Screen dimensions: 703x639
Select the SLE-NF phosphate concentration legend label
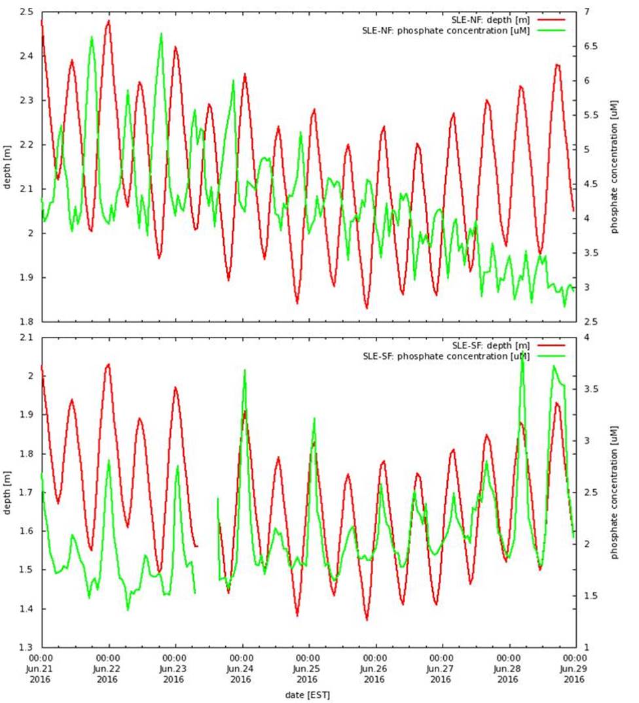[445, 30]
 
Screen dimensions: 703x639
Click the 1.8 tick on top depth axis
[26, 322]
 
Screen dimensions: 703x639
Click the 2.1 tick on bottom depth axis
[26, 337]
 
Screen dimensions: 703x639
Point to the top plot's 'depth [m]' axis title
[8, 167]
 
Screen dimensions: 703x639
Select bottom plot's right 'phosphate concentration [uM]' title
[615, 492]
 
